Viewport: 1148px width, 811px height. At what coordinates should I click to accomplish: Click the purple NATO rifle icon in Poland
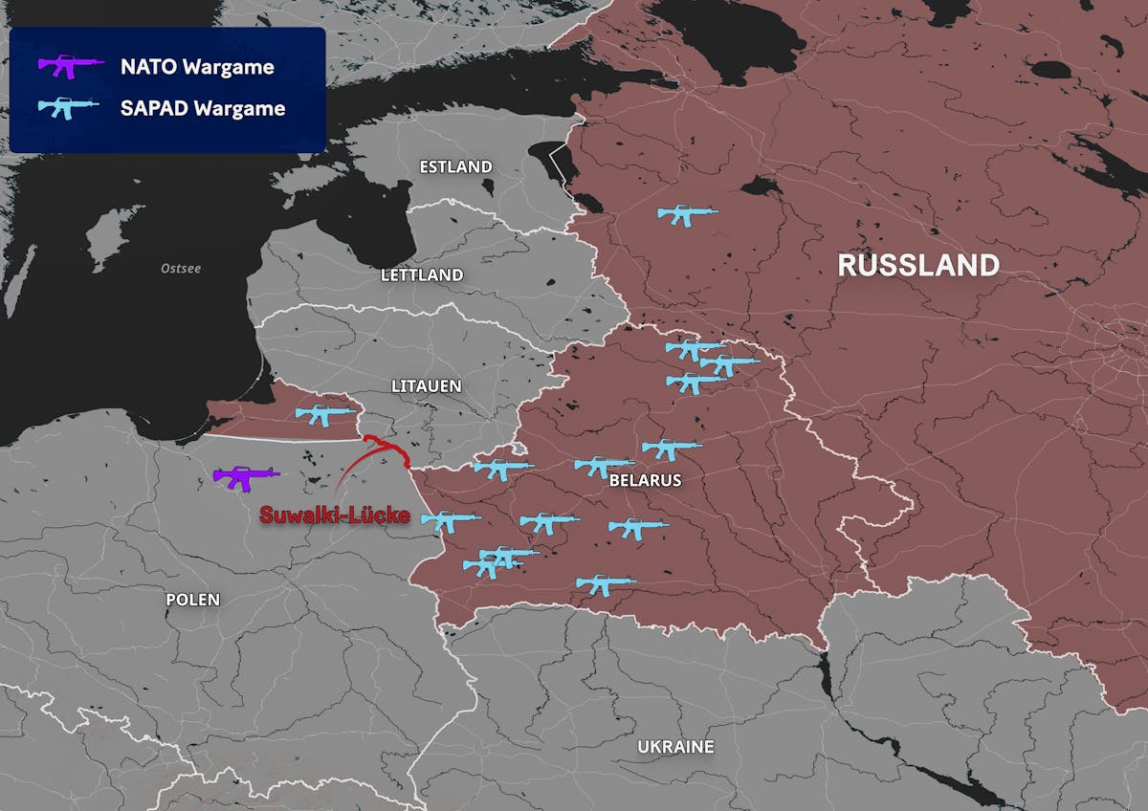point(246,476)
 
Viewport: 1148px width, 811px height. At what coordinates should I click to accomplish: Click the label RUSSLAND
point(918,265)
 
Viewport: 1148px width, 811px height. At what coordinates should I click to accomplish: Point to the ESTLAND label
point(456,166)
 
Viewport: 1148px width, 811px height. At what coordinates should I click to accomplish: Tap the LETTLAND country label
point(422,274)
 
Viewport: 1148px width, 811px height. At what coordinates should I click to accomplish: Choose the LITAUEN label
point(427,386)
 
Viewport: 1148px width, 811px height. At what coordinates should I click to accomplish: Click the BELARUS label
point(645,480)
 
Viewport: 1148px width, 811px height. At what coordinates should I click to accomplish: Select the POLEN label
point(192,600)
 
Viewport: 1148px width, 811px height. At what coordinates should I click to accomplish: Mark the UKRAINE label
point(675,746)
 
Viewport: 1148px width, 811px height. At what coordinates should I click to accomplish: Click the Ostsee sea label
point(181,268)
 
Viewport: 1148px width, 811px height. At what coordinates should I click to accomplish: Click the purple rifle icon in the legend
point(70,67)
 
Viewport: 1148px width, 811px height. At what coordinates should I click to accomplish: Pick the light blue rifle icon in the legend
point(68,108)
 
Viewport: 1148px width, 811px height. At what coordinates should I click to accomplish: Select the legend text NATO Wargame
point(197,67)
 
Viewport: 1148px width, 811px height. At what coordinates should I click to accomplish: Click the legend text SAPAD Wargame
point(203,108)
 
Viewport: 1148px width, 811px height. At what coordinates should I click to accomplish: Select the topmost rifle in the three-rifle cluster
point(695,349)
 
